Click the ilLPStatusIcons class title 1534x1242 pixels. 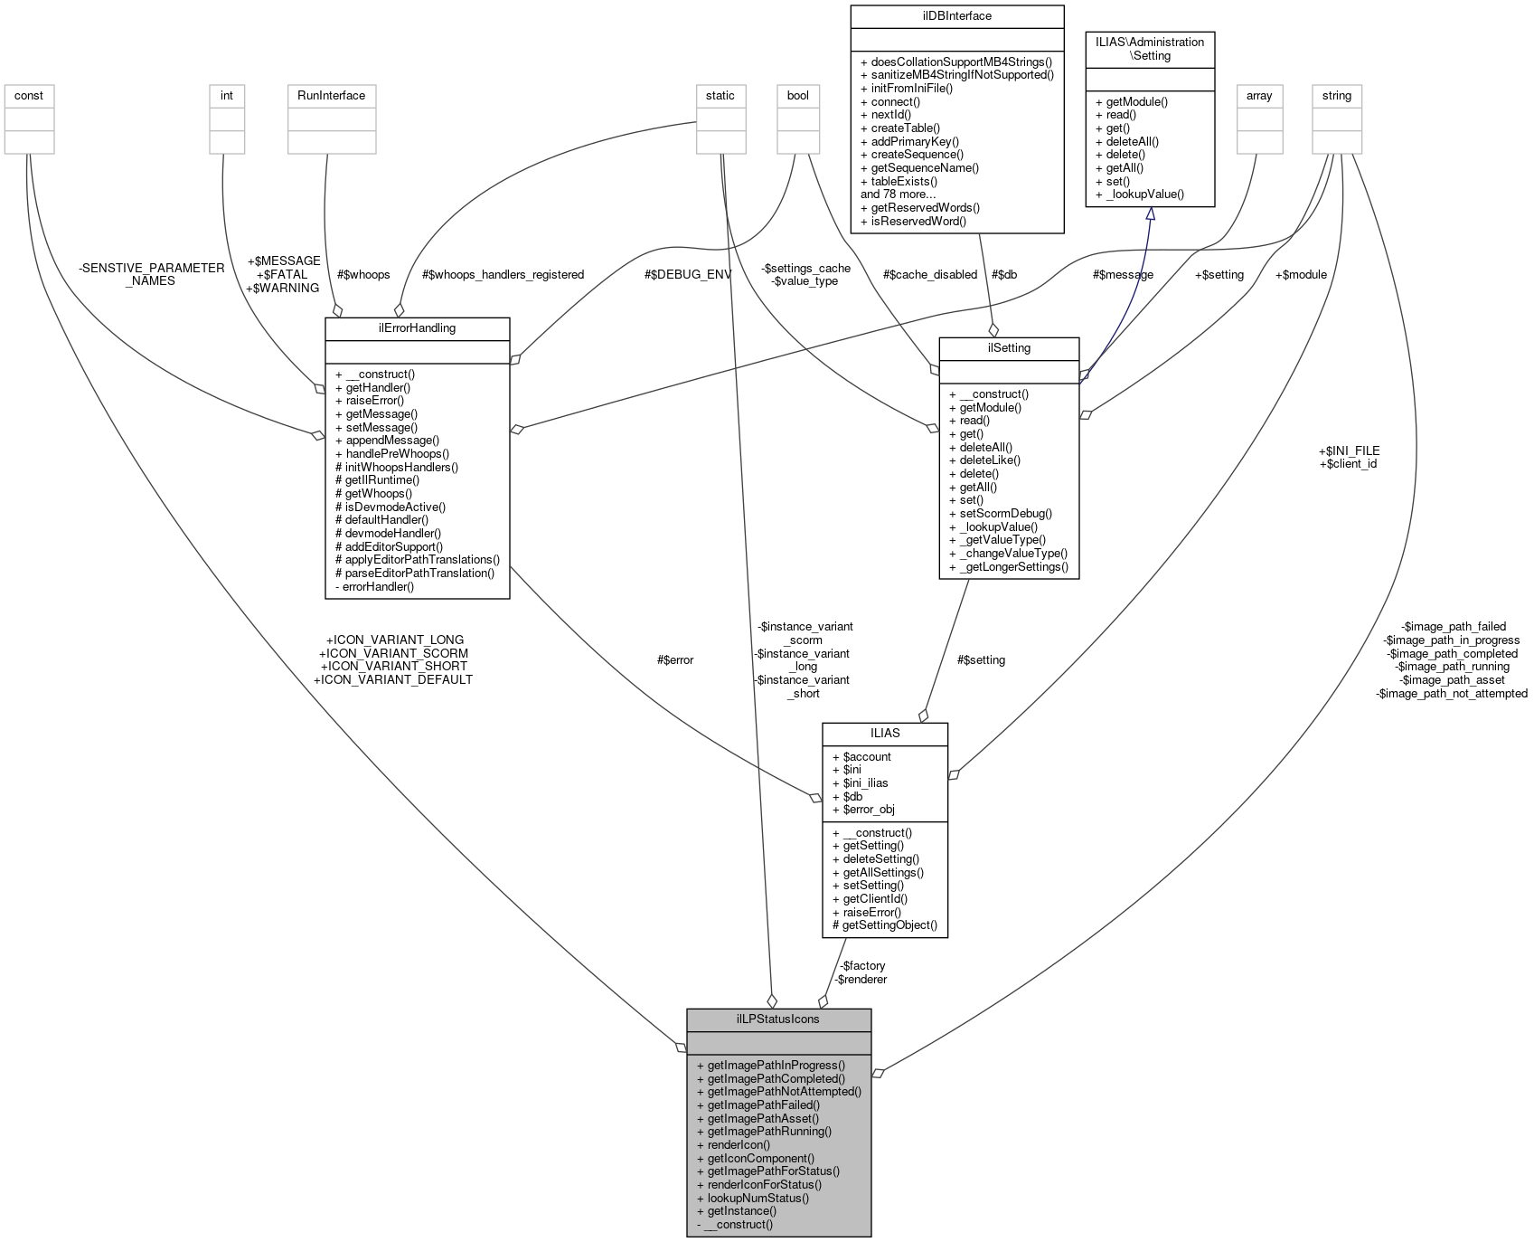tap(778, 1019)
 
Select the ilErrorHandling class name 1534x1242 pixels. tap(417, 327)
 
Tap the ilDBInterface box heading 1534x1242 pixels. tap(957, 15)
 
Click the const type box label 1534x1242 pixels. tap(29, 95)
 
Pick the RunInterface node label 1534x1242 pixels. tap(331, 95)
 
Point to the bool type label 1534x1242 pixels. tap(798, 95)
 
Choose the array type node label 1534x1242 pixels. tap(1259, 95)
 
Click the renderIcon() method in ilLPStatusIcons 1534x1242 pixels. tap(739, 1144)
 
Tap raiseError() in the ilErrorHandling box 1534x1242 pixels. tap(374, 400)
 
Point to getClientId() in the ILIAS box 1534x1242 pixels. tap(875, 898)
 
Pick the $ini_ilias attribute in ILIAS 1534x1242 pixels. tap(865, 782)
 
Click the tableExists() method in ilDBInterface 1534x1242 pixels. tap(905, 181)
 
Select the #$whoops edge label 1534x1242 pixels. tap(363, 274)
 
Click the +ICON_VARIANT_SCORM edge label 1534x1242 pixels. tap(394, 653)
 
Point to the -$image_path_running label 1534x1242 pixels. tap(1452, 667)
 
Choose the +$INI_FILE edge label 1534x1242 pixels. tap(1349, 450)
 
